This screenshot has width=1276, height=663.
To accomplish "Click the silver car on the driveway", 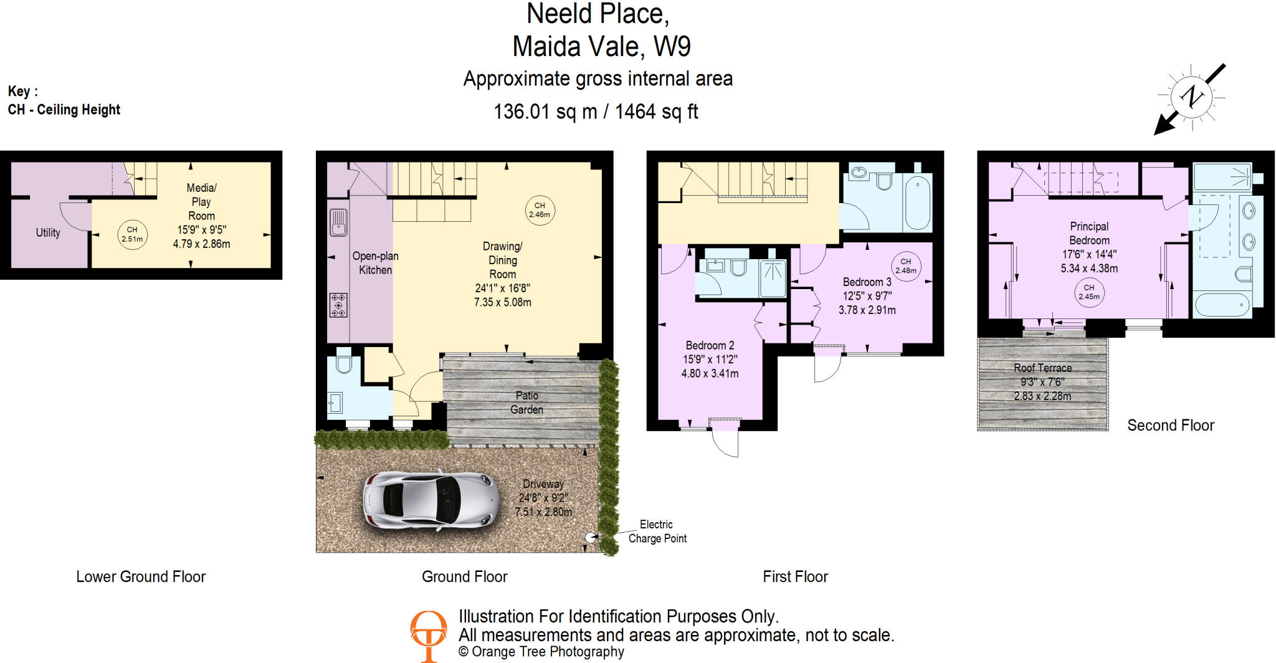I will [431, 500].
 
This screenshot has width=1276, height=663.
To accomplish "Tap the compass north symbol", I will [1191, 97].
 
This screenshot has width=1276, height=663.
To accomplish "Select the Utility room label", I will [48, 232].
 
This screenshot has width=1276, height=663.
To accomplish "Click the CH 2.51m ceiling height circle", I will [132, 234].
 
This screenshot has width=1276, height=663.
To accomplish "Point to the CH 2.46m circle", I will [540, 210].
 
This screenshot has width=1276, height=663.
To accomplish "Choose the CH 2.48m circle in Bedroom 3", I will [906, 266].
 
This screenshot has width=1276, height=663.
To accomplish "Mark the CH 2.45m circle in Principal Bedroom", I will [1089, 292].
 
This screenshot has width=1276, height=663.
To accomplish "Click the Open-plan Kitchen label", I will [375, 263].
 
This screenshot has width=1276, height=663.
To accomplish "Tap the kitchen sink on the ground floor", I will [338, 222].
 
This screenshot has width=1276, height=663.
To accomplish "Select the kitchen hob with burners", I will [338, 305].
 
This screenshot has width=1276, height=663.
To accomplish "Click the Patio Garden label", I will [527, 403].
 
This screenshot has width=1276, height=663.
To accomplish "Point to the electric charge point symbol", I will [590, 537].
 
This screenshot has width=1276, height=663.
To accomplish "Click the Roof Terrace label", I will [1042, 368].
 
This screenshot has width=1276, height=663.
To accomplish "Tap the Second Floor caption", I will [1170, 426].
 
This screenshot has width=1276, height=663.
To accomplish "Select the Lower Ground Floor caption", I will [141, 577].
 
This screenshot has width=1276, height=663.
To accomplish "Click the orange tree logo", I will [429, 634].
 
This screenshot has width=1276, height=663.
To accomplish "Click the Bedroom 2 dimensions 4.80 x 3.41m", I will [710, 374].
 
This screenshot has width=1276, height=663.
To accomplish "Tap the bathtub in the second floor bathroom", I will [1222, 305].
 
